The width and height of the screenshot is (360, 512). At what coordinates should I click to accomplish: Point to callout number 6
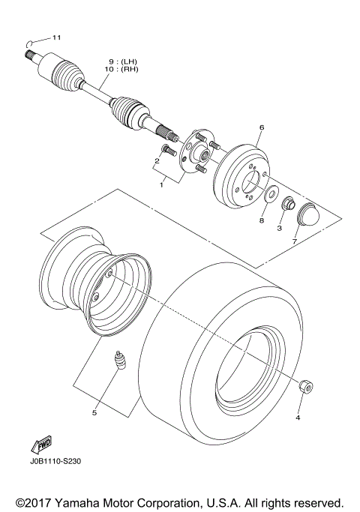(261, 128)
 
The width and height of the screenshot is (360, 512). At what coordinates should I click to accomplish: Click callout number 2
(158, 160)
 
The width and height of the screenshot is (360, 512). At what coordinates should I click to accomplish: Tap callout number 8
(262, 221)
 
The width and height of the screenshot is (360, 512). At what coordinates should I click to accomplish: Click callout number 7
(293, 242)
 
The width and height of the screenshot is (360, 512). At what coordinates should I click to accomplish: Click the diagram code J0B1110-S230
(55, 462)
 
